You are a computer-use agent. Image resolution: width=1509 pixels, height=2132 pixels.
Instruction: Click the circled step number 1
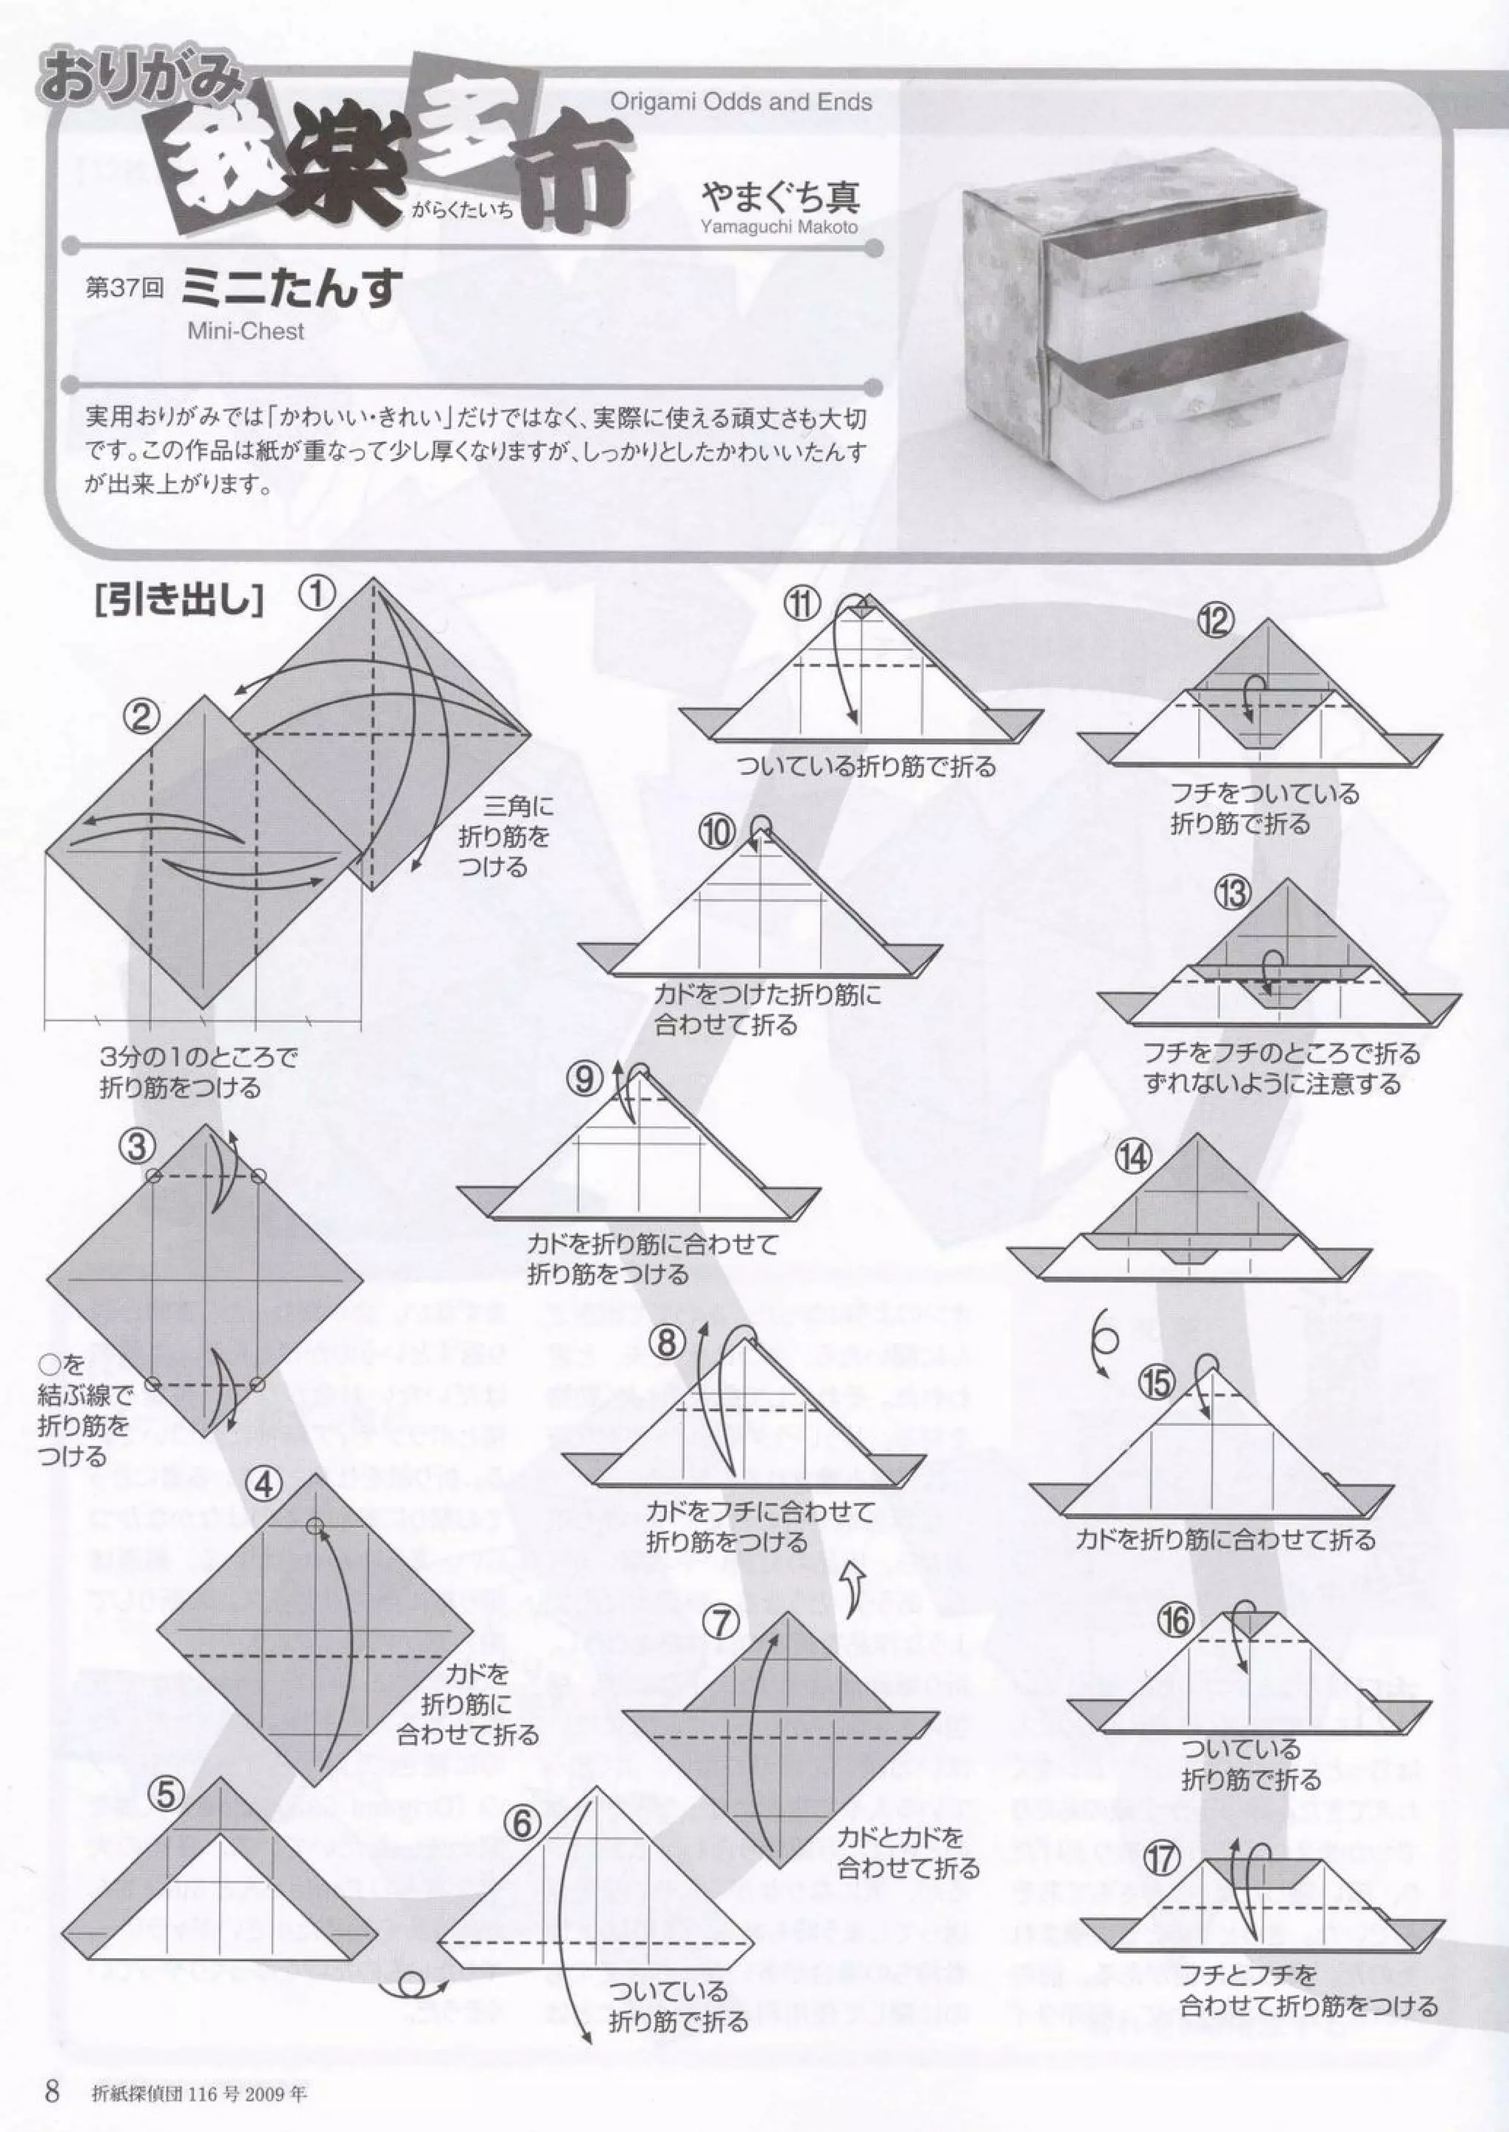pos(317,593)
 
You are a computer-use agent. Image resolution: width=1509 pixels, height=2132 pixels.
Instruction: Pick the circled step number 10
pos(718,834)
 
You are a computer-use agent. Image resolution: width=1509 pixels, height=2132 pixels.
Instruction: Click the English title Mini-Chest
pos(245,332)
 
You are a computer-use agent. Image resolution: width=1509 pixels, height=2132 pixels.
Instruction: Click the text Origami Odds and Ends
pos(741,102)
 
